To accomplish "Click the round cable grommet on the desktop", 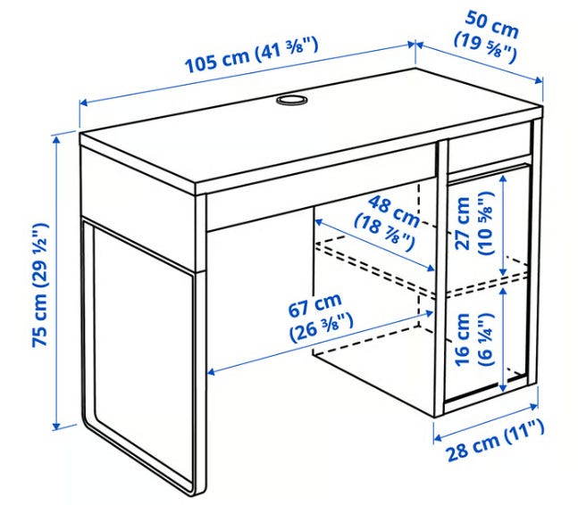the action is [291, 100].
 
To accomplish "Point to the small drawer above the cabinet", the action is [490, 152].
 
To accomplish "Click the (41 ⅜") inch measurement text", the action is [285, 51].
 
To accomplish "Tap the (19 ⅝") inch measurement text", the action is [485, 47].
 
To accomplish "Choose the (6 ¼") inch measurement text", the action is [485, 339].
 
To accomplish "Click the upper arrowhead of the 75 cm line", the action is [56, 140].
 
